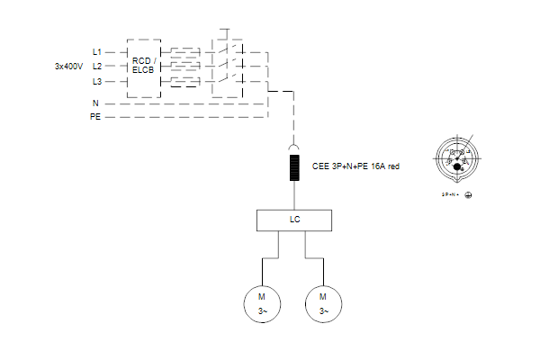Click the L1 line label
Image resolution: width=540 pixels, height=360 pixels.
point(97,52)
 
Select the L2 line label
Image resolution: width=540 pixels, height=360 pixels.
point(97,67)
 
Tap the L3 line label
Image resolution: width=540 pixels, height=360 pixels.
point(97,82)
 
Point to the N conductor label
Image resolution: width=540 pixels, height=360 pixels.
point(95,103)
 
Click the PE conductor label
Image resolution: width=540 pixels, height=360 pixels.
point(95,118)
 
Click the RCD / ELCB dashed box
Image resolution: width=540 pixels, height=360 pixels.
point(144,67)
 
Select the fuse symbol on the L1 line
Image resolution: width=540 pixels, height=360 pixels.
point(185,52)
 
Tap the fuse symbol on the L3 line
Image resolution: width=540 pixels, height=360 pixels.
point(185,82)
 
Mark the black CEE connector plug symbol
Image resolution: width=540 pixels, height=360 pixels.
point(294,168)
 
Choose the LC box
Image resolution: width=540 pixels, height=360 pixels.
point(294,220)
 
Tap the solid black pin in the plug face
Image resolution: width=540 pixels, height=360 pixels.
point(457,166)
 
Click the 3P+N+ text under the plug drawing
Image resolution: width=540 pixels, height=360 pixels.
point(450,193)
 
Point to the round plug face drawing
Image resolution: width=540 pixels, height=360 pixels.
point(456,158)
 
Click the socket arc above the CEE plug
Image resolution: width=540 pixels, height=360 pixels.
point(294,147)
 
